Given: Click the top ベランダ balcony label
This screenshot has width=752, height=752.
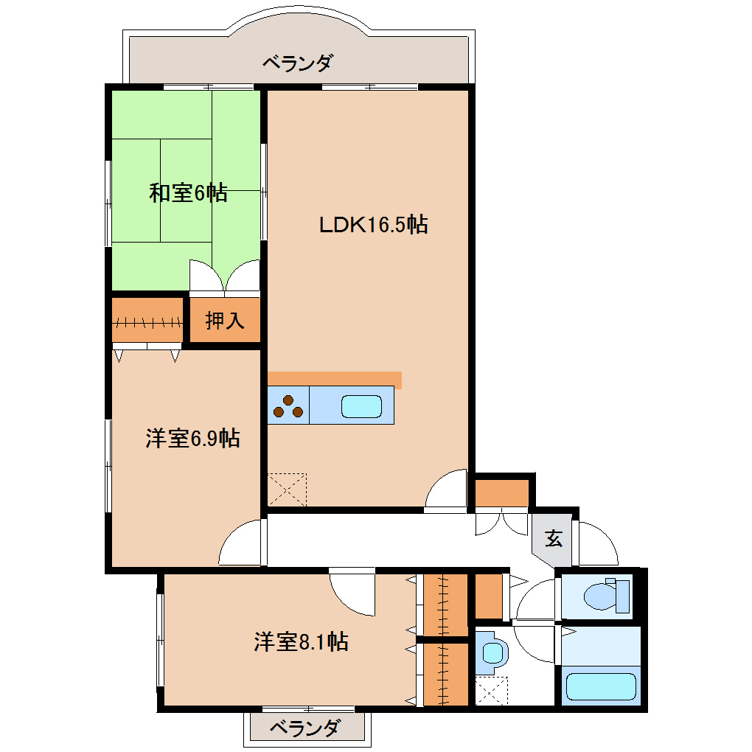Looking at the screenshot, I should [x=297, y=63].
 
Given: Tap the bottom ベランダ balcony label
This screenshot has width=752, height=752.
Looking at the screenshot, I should [x=304, y=729].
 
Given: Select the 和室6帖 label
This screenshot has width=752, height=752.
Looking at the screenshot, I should [x=188, y=194].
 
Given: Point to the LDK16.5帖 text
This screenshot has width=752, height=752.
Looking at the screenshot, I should [x=373, y=224].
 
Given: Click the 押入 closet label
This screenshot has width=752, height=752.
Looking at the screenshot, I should [x=224, y=321].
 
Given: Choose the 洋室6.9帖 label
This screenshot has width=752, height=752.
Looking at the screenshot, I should [x=192, y=439].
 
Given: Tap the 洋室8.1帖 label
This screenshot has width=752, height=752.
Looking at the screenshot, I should [x=301, y=641].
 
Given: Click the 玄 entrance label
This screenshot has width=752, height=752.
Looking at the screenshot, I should [x=554, y=539].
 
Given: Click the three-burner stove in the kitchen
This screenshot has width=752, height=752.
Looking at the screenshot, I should [x=288, y=406].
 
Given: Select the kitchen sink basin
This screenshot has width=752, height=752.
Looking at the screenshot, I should [x=361, y=406].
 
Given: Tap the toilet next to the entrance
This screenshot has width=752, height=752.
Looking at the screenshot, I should [x=605, y=594].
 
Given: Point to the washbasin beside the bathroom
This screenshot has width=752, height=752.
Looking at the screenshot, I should [x=492, y=652].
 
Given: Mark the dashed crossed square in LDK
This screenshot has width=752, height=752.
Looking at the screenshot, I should [x=288, y=489].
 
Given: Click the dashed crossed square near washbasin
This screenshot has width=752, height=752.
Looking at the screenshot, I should [x=492, y=692].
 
